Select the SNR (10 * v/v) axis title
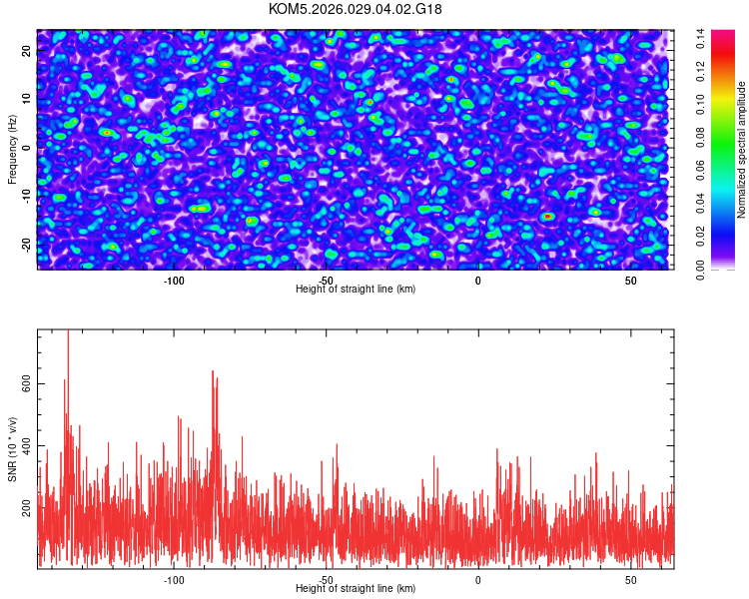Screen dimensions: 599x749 (x=12, y=449)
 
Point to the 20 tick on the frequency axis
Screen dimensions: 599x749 (x=27, y=51)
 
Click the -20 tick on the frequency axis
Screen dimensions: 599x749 (x=27, y=244)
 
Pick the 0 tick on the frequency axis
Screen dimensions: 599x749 (x=27, y=148)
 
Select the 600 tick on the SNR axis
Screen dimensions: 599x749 (x=27, y=384)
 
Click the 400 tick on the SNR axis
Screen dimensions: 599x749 (x=27, y=446)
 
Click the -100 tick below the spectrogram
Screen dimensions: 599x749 (x=174, y=280)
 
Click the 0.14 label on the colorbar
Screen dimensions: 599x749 (x=701, y=39)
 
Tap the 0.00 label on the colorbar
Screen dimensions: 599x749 (x=701, y=271)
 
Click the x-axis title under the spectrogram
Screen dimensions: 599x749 (x=356, y=289)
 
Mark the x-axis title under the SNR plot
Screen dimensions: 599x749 (x=356, y=589)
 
